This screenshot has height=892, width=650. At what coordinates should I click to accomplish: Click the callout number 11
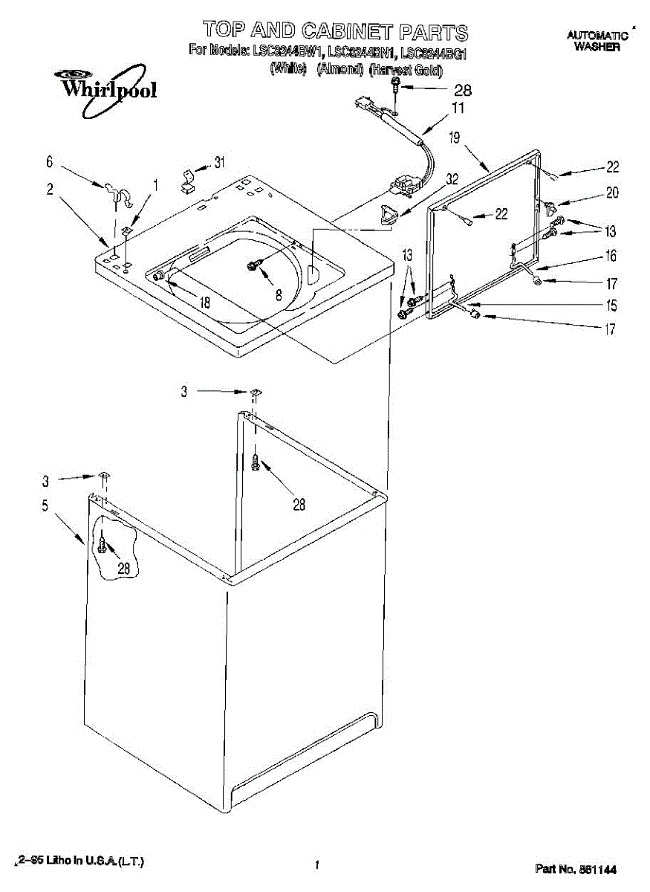[458, 109]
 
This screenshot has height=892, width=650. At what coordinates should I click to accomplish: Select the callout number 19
[455, 137]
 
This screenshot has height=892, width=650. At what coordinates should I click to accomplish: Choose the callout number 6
[50, 161]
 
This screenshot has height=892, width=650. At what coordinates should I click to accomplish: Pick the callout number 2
[50, 189]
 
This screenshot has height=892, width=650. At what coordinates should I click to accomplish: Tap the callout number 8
[279, 294]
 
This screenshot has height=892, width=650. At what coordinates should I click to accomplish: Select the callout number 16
[611, 256]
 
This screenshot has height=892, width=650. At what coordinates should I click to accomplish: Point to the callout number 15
[611, 305]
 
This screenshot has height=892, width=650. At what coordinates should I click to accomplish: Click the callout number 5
[45, 506]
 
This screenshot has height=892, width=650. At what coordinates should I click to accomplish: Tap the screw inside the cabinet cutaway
[102, 548]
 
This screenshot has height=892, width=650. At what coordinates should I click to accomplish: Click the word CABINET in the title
[347, 31]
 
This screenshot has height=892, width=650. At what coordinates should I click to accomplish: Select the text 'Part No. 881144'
[576, 868]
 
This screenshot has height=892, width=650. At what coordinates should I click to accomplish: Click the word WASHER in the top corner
[597, 47]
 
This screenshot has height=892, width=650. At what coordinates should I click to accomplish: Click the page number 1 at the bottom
[317, 864]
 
